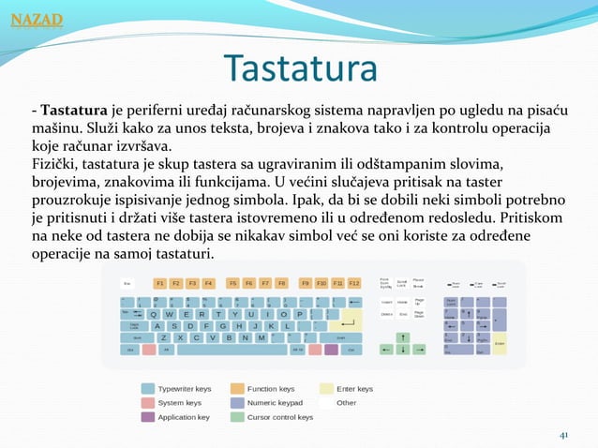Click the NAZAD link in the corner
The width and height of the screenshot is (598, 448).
[x=37, y=20]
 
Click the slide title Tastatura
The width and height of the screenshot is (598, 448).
[x=299, y=68]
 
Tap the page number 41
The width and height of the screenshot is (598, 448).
[x=563, y=435]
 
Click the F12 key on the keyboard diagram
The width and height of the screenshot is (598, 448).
[x=354, y=282]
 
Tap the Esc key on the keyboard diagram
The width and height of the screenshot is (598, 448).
[x=128, y=282]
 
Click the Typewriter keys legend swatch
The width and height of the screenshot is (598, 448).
[x=148, y=388]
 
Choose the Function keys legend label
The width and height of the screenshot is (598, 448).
[x=271, y=388]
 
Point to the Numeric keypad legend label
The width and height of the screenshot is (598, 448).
[x=275, y=402]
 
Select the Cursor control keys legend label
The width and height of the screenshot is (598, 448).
[x=280, y=416]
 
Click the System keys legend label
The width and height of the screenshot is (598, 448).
[x=179, y=402]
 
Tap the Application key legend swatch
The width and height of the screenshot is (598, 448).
[x=148, y=416]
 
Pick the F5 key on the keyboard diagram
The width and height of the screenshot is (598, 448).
[x=233, y=282]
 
